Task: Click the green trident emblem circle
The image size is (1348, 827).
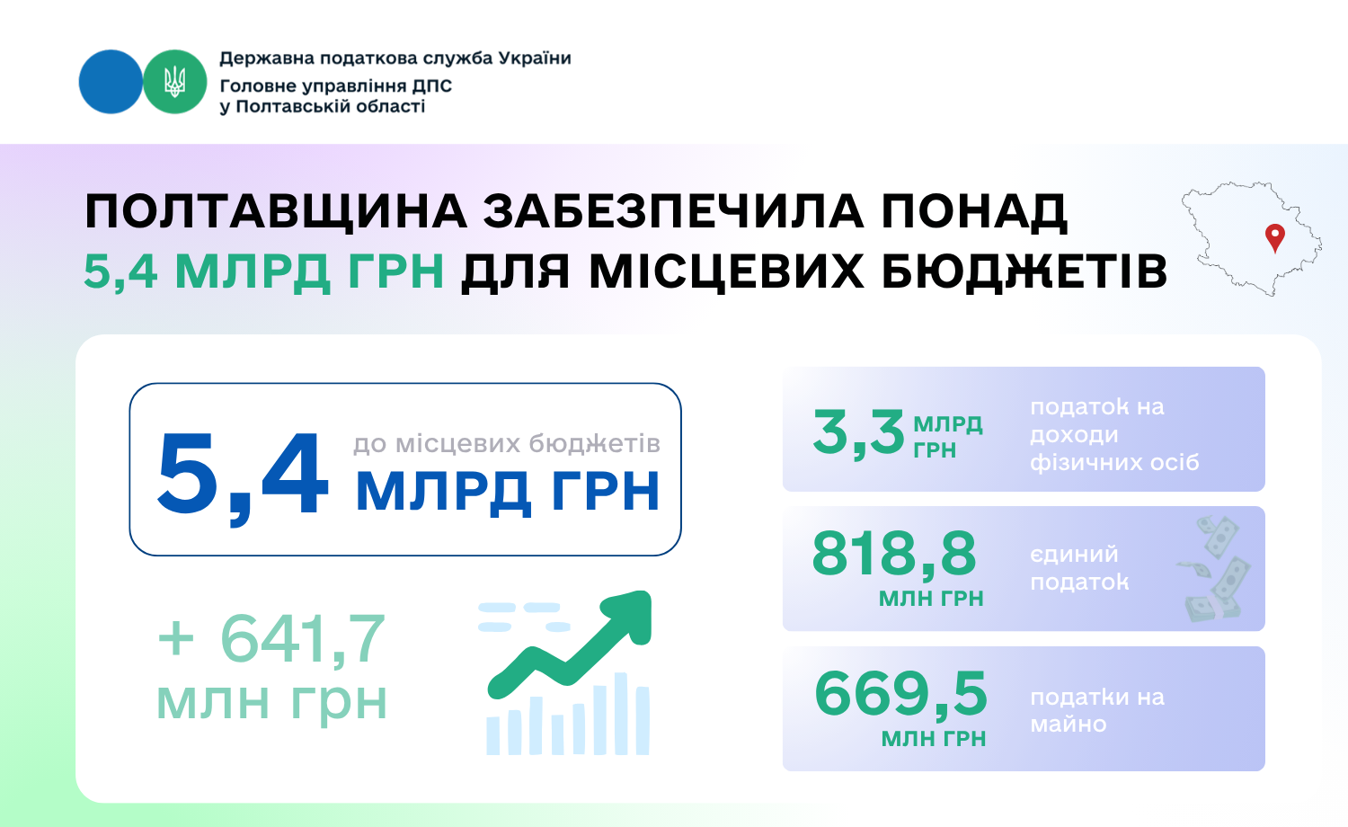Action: click(x=174, y=82)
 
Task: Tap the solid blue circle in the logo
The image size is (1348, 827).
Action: click(x=111, y=82)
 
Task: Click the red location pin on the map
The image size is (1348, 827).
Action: click(x=1274, y=237)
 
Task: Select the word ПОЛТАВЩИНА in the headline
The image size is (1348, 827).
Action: click(x=276, y=212)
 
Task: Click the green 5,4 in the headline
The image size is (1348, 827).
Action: click(x=120, y=271)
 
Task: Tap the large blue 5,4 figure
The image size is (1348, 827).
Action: click(x=243, y=476)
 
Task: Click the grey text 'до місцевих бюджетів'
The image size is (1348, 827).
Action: click(x=507, y=443)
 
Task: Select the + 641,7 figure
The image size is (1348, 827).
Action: click(x=271, y=638)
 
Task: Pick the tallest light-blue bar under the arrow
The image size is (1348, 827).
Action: click(x=620, y=713)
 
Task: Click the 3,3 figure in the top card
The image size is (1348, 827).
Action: click(x=858, y=432)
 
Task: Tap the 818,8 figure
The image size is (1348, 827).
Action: click(x=893, y=554)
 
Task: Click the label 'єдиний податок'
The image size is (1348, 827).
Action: click(x=1079, y=567)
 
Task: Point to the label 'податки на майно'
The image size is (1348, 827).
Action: click(x=1097, y=710)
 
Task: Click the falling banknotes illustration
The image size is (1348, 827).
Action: click(x=1214, y=568)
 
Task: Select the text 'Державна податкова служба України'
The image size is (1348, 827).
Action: click(x=395, y=58)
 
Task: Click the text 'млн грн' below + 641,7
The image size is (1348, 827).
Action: click(x=271, y=702)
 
